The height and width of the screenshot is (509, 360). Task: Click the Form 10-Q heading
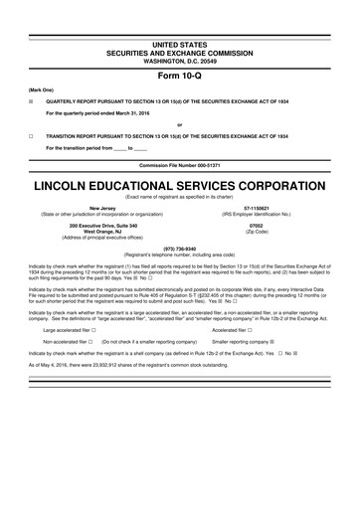click(180, 77)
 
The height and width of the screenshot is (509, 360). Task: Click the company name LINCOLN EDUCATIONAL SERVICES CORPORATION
click(180, 185)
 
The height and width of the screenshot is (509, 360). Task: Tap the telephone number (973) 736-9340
click(180, 249)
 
